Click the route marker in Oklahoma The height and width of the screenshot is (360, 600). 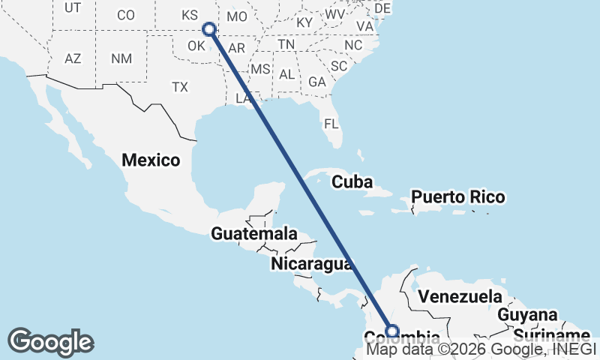[x=209, y=29]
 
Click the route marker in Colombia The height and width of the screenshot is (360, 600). [x=392, y=330]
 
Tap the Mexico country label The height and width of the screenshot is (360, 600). [x=151, y=160]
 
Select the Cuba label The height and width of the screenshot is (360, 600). [x=352, y=181]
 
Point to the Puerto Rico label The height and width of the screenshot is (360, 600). [x=458, y=198]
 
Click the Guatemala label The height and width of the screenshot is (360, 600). [x=254, y=234]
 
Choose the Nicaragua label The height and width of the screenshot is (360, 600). [x=311, y=263]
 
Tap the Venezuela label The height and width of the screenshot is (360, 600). [x=460, y=295]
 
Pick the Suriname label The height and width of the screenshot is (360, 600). [x=551, y=334]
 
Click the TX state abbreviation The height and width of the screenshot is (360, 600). [x=179, y=87]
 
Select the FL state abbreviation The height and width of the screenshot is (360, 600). [x=331, y=124]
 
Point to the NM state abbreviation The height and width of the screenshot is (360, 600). [x=121, y=58]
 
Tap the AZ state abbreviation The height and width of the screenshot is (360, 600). [x=73, y=58]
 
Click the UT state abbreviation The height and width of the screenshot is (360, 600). [x=73, y=8]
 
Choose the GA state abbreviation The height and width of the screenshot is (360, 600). [x=316, y=82]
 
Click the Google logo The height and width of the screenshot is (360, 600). [x=50, y=342]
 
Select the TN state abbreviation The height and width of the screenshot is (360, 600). [x=286, y=45]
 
